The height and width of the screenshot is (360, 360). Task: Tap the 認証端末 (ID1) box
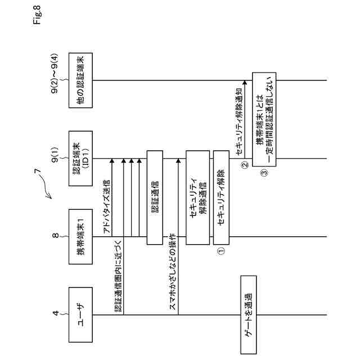(80, 158)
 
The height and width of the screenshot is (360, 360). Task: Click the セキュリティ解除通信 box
(197, 197)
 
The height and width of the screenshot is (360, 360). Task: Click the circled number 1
(220, 252)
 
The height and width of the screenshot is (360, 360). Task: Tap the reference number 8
(57, 236)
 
